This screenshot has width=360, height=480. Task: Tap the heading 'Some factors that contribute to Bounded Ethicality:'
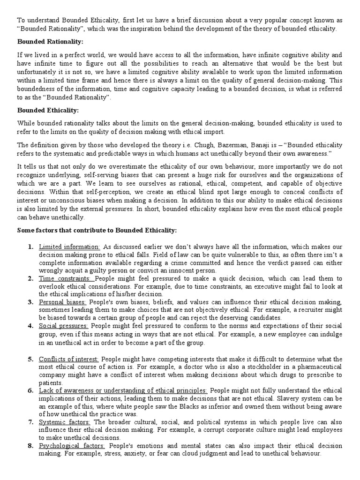tap(97, 230)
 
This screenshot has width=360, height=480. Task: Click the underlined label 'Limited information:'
tap(69, 247)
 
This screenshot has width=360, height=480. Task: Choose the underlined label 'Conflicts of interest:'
tap(69, 359)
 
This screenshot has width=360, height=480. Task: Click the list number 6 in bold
tap(30, 390)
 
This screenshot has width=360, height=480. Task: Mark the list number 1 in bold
tap(30, 247)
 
